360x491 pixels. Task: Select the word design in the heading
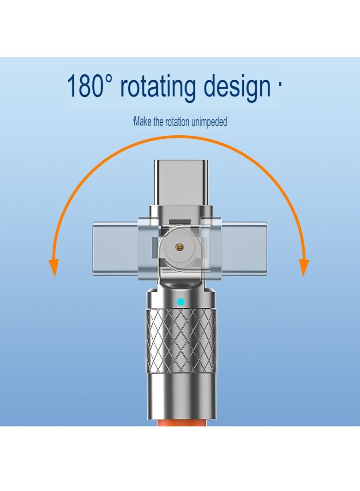point(237,87)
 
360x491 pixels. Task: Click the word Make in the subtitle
point(143,121)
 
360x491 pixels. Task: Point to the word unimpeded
point(209,122)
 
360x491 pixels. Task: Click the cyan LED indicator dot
point(180,302)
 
